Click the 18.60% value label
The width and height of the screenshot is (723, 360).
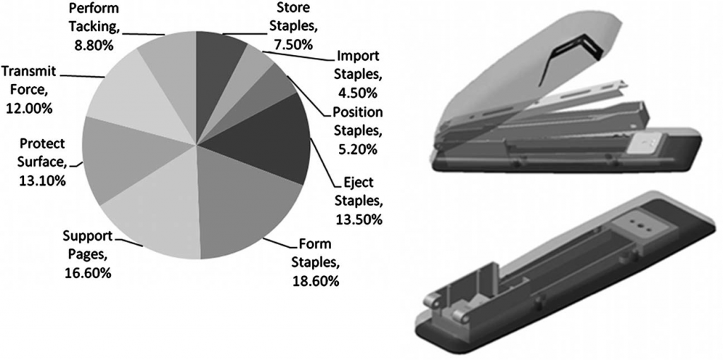[316, 280]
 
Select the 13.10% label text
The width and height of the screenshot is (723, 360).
[42, 180]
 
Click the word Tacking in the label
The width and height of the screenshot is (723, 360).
[95, 27]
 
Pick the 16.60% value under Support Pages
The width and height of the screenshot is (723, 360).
[87, 272]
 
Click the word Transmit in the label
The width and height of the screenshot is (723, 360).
[28, 71]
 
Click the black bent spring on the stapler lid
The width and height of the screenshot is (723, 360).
[570, 58]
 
